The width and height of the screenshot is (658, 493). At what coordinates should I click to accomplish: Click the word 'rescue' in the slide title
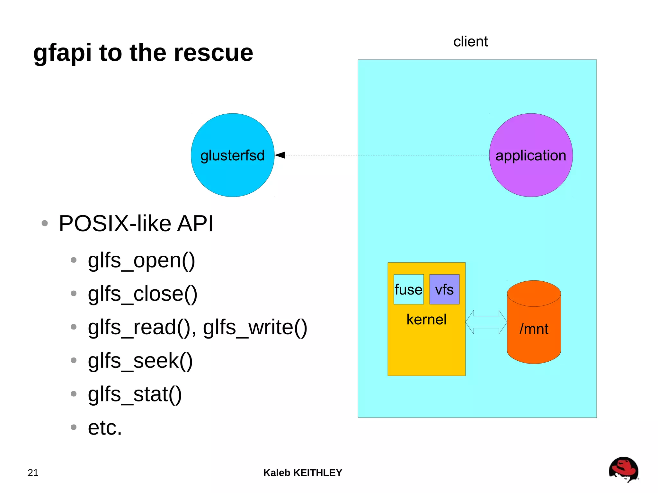(213, 53)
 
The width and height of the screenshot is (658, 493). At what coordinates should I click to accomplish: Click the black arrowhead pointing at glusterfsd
(280, 155)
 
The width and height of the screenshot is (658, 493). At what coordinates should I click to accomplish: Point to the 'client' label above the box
(470, 42)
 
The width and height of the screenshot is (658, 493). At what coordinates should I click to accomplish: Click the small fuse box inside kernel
(408, 289)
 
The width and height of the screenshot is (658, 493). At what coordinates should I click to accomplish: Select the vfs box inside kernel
(444, 289)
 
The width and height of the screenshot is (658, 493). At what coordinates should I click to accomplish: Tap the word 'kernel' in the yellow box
(426, 320)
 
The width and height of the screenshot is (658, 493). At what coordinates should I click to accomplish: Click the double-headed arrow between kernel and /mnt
(486, 322)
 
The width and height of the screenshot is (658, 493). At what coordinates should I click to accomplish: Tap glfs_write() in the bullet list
(255, 327)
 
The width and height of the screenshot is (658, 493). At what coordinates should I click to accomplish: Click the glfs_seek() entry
(140, 361)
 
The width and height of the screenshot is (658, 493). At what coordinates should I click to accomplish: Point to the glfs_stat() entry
(135, 394)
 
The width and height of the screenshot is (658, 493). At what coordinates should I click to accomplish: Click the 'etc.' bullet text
(105, 428)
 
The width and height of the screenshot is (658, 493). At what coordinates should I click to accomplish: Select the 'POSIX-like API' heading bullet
(136, 223)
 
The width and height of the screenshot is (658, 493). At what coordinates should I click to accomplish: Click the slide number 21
(33, 473)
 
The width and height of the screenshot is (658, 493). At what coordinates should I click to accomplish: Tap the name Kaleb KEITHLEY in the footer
(303, 473)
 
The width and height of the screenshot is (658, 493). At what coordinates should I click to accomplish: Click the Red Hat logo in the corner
(623, 469)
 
